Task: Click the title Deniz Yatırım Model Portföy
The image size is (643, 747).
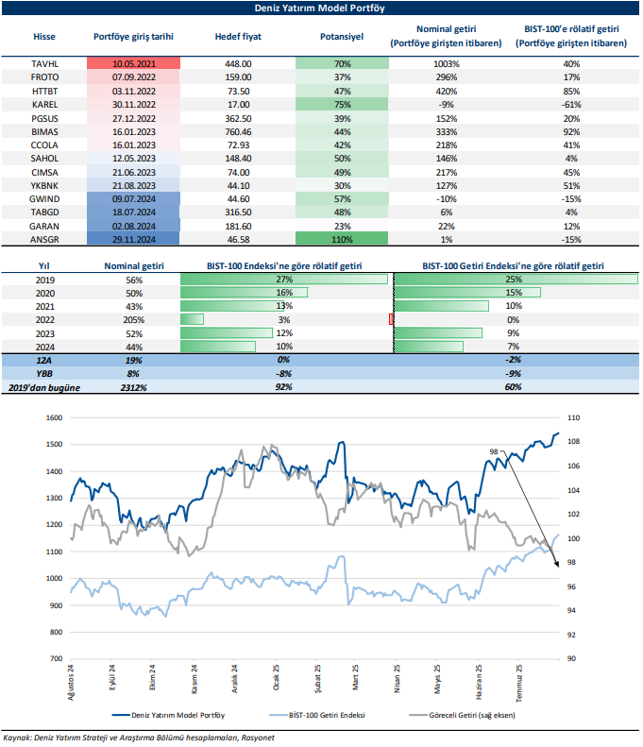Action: click(320, 8)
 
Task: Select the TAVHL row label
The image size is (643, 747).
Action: click(44, 63)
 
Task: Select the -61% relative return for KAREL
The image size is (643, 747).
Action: click(570, 105)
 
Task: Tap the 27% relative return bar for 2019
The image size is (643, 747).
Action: click(283, 280)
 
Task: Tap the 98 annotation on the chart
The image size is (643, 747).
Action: click(493, 453)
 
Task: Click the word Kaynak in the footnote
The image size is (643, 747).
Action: click(20, 738)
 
